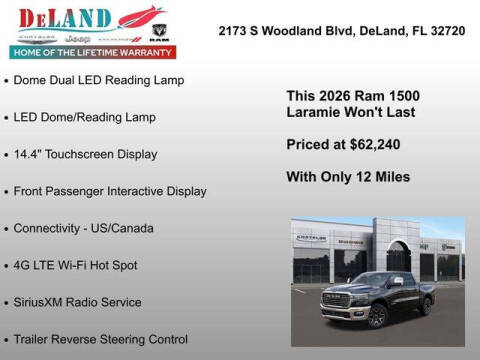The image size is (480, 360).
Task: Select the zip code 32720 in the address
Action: coord(445,31)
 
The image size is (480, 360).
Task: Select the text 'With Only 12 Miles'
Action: coord(348,177)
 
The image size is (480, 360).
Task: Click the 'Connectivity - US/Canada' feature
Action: coord(84,228)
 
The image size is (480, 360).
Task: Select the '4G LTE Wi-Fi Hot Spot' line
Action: coord(76,265)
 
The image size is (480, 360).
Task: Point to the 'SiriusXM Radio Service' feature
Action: coord(78,302)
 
